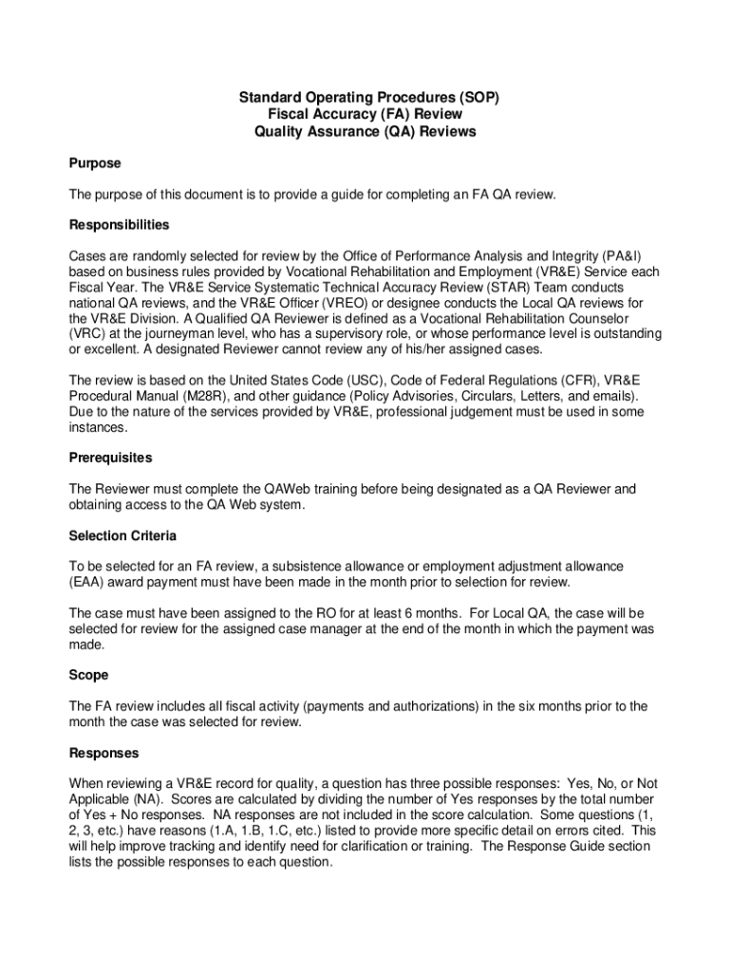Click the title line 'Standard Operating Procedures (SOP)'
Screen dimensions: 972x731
[367, 97]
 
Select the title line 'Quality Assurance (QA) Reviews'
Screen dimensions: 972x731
[365, 132]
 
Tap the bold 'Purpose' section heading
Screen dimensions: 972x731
[94, 163]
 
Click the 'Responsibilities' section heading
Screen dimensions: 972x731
[119, 225]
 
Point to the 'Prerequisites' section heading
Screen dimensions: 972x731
[110, 458]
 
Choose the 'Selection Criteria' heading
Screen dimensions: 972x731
[122, 535]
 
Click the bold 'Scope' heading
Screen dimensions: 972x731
[88, 675]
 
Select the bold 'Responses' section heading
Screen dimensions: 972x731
[103, 753]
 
